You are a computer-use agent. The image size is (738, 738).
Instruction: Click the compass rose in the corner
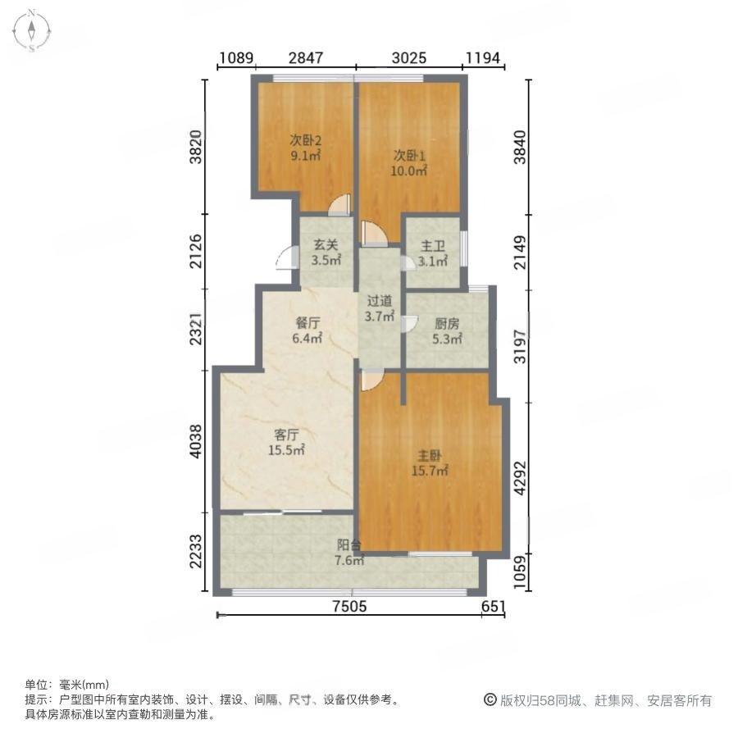[x=31, y=31]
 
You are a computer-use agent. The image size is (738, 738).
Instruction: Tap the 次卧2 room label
[x=306, y=139]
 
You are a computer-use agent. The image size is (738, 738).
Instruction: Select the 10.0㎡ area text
[x=408, y=171]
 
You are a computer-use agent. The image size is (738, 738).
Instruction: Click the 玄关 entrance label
[x=326, y=244]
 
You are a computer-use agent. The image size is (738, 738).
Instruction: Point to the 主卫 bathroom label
[x=432, y=246]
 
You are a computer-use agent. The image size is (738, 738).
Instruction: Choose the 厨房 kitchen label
[x=447, y=323]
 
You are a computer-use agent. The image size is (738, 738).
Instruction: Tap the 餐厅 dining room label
[x=307, y=322]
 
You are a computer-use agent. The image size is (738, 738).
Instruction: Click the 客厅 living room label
[x=286, y=435]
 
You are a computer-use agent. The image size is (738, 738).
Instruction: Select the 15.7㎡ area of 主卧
[x=430, y=470]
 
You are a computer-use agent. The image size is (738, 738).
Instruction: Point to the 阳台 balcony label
[x=349, y=545]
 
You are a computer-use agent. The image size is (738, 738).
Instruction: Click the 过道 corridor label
[x=380, y=301]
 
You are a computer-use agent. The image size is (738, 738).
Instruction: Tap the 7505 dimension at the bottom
[x=349, y=606]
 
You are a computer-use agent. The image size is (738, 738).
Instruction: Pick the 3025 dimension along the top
[x=409, y=58]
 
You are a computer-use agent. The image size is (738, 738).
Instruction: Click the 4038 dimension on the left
[x=196, y=441]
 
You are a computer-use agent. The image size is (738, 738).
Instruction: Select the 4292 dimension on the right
[x=520, y=477]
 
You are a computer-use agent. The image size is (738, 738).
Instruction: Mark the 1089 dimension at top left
[x=237, y=58]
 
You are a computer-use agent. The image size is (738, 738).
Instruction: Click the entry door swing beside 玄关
[x=287, y=258]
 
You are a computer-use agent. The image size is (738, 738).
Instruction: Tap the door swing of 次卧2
[x=339, y=205]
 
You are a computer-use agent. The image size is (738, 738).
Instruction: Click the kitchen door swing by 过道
[x=409, y=324]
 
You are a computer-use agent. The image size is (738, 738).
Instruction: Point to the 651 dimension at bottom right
[x=494, y=606]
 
